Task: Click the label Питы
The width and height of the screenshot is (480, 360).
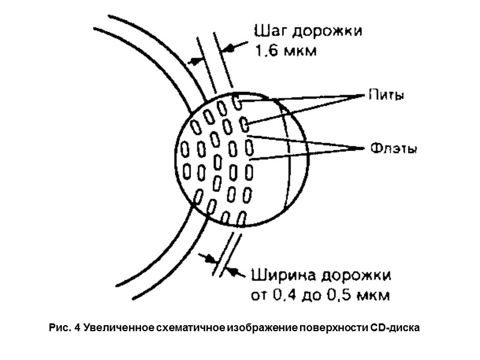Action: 383,96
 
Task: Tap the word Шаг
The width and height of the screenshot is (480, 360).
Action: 269,32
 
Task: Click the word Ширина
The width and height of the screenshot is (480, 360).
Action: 286,276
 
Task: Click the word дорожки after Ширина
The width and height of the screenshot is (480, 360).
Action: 356,277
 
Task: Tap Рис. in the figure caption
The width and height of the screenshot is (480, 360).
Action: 61,328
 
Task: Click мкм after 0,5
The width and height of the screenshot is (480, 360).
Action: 377,296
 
